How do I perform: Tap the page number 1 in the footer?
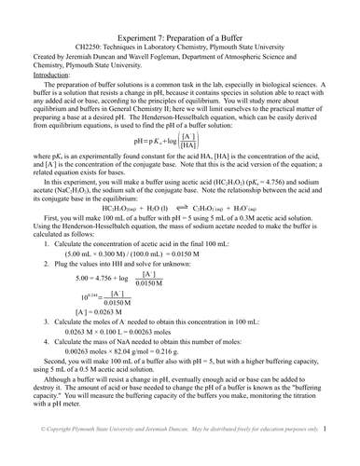pyautogui.click(x=351, y=457)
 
